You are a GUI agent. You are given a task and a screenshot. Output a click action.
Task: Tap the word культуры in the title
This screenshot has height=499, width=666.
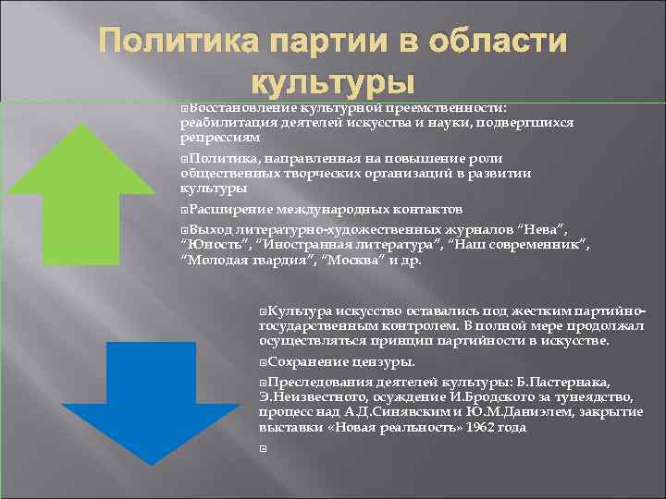(x=332, y=81)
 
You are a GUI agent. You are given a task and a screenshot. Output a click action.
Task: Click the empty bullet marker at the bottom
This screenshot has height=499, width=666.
(x=264, y=447)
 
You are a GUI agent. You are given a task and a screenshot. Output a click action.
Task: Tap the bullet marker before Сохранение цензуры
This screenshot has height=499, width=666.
(x=264, y=362)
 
